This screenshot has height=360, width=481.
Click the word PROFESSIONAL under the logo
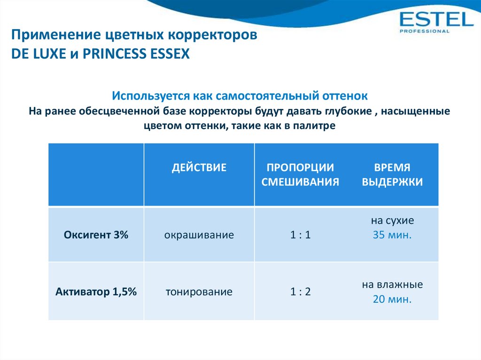424,31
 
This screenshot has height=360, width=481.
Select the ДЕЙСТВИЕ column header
199,168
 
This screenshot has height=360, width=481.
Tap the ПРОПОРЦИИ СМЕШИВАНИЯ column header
300,175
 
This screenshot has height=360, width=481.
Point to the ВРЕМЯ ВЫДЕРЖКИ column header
392,175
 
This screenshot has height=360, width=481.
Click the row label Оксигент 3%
96,235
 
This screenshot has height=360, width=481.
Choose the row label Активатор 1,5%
96,291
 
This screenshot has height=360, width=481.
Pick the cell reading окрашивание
199,235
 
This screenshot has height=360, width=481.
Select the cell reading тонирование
199,291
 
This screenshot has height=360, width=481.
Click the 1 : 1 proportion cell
300,235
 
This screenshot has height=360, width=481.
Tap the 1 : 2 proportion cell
300,291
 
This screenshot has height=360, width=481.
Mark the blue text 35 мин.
392,235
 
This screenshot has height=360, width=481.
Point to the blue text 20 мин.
392,299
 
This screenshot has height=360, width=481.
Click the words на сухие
392,221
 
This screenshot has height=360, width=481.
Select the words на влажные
392,284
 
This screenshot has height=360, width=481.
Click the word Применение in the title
56,35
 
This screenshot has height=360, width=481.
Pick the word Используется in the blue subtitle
151,96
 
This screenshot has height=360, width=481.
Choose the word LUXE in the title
51,54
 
